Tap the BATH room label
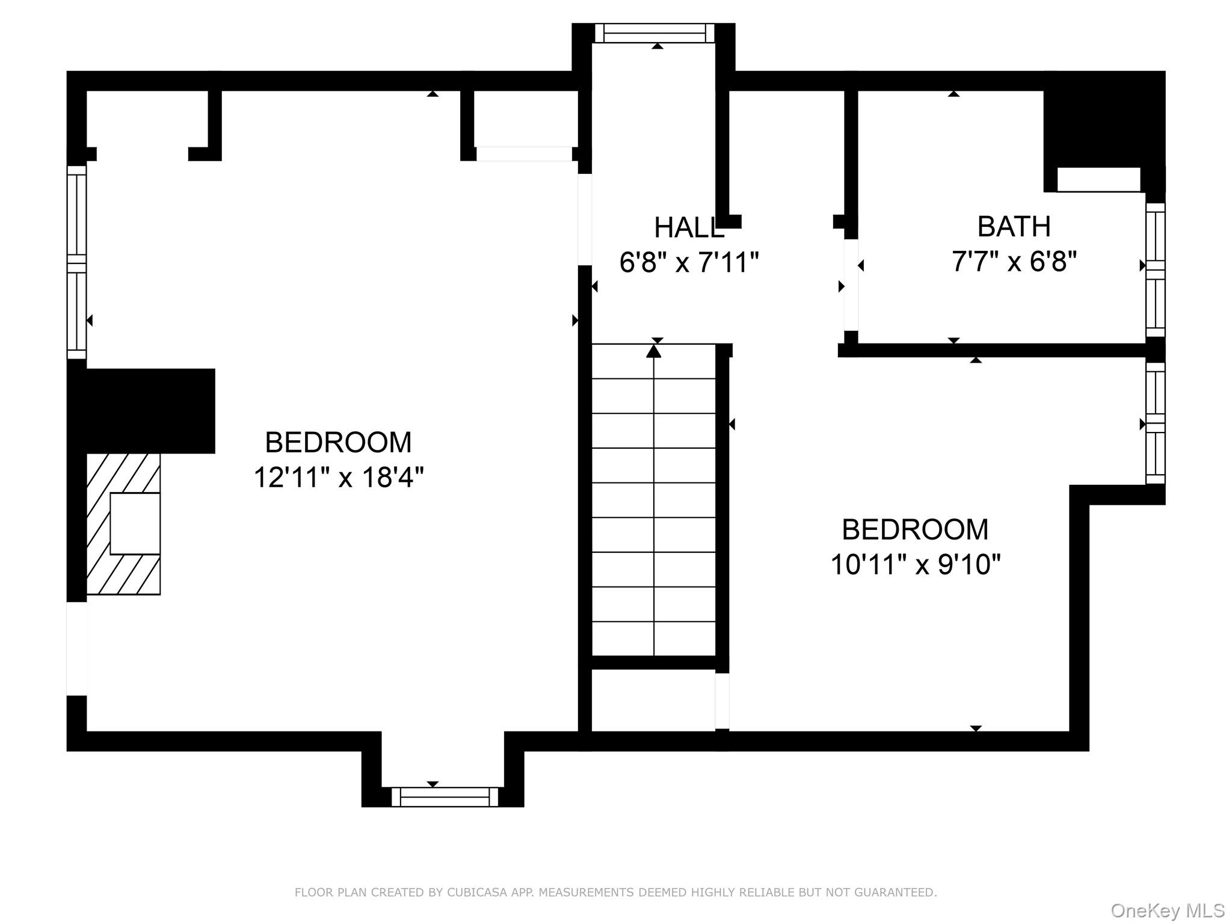(1014, 227)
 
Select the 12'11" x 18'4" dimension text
(339, 478)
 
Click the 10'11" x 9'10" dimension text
(915, 565)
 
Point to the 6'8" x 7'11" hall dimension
(689, 263)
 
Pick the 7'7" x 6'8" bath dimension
(1014, 262)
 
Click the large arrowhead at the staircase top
(653, 351)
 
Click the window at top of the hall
(654, 33)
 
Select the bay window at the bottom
(445, 796)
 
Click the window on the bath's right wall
(1155, 269)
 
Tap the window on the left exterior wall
(76, 262)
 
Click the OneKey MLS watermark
(1167, 911)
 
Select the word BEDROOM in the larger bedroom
(338, 443)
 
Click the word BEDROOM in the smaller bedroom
(914, 530)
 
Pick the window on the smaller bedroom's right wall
(1155, 423)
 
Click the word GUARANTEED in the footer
(899, 892)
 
